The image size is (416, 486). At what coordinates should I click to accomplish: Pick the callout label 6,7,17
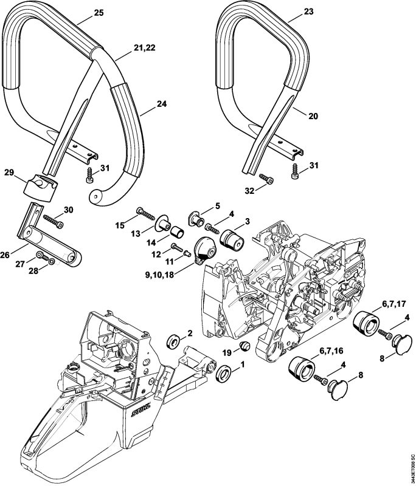coord(392,304)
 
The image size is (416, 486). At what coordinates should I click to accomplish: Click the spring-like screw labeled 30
coord(52,221)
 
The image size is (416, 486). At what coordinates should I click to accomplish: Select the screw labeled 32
coord(266,179)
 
